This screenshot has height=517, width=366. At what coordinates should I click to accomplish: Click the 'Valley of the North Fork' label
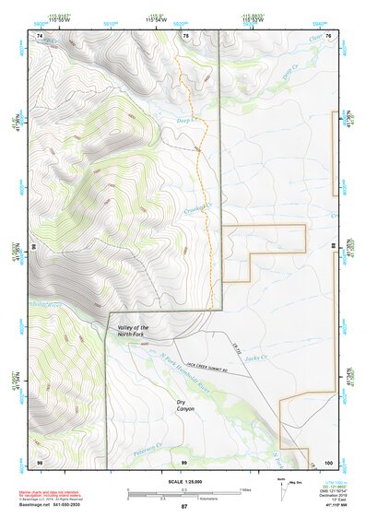click(133, 332)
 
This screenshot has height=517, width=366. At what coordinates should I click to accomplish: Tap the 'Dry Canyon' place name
click(188, 406)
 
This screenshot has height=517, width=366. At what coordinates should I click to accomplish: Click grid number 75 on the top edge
click(185, 36)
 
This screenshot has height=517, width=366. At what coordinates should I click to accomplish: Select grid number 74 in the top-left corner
click(40, 36)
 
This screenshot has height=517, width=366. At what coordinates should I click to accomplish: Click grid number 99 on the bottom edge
click(183, 461)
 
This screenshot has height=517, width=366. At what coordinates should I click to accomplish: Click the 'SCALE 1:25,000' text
click(183, 481)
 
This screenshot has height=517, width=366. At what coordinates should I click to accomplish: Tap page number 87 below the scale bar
click(183, 507)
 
